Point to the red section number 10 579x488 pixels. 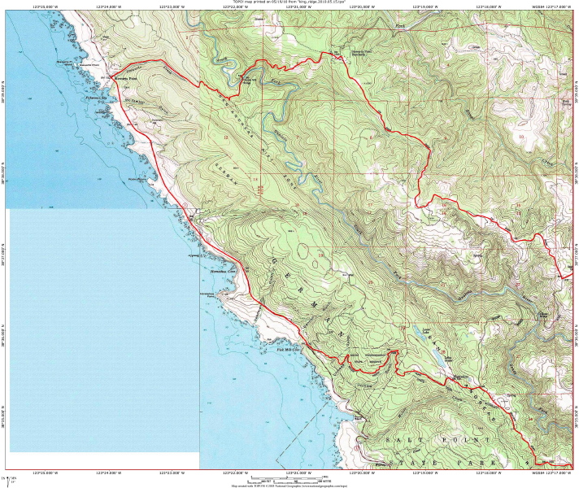click(x=520, y=137)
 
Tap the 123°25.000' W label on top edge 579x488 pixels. click(x=49, y=7)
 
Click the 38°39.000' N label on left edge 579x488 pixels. click(x=4, y=85)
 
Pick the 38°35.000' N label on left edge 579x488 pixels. click(x=4, y=416)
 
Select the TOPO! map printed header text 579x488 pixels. click(x=289, y=2)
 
